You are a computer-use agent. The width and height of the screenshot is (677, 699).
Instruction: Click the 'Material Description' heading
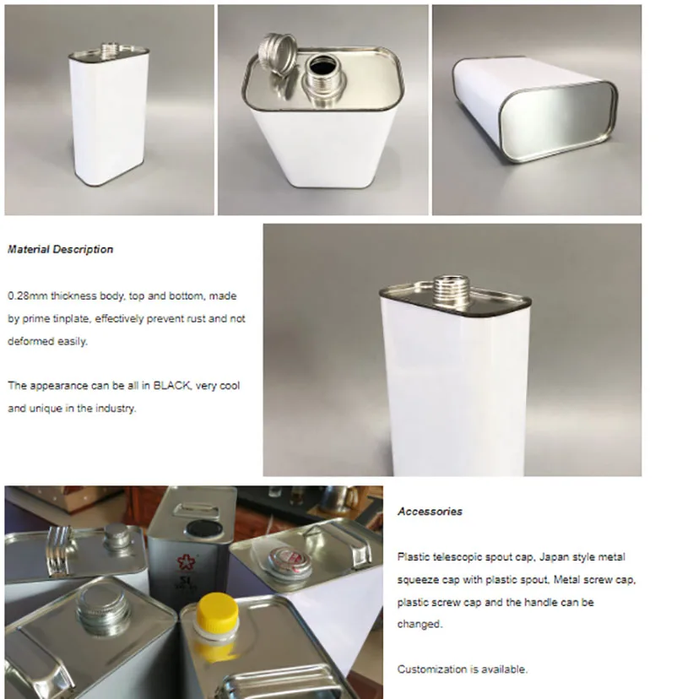[60, 249]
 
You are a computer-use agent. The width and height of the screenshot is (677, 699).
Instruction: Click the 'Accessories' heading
[430, 512]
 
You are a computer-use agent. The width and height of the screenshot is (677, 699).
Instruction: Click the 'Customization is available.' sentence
[463, 669]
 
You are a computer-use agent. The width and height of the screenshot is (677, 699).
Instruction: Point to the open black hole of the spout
[322, 67]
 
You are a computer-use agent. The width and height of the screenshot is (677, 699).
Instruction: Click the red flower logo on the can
[186, 561]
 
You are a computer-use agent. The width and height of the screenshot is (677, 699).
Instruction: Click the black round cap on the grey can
[203, 528]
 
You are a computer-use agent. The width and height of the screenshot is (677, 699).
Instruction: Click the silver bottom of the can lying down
[557, 122]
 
